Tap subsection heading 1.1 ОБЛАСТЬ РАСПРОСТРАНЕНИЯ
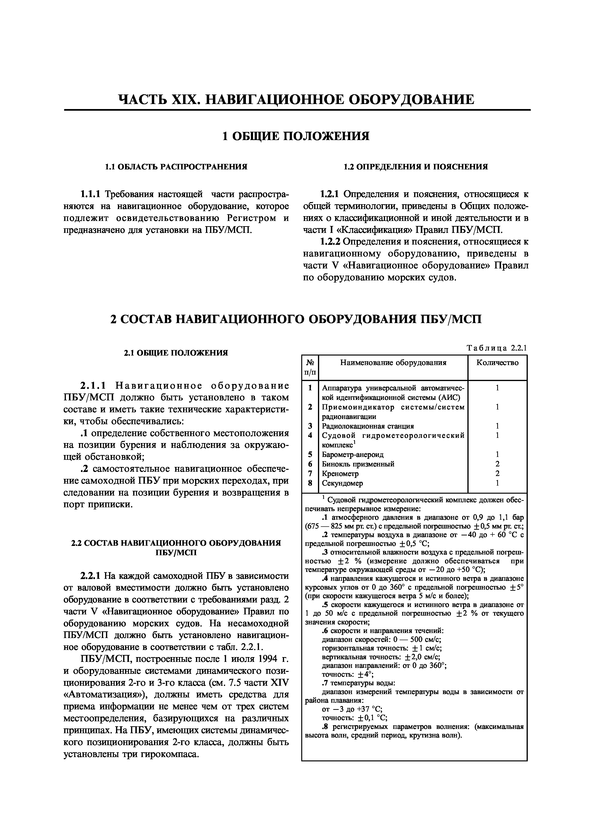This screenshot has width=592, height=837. (176, 167)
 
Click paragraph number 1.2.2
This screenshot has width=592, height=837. (330, 242)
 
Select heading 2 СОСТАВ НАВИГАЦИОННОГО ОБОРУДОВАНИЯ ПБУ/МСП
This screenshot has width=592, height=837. (296, 319)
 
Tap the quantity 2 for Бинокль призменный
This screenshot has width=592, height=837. (497, 464)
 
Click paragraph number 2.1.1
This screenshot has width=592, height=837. (93, 386)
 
